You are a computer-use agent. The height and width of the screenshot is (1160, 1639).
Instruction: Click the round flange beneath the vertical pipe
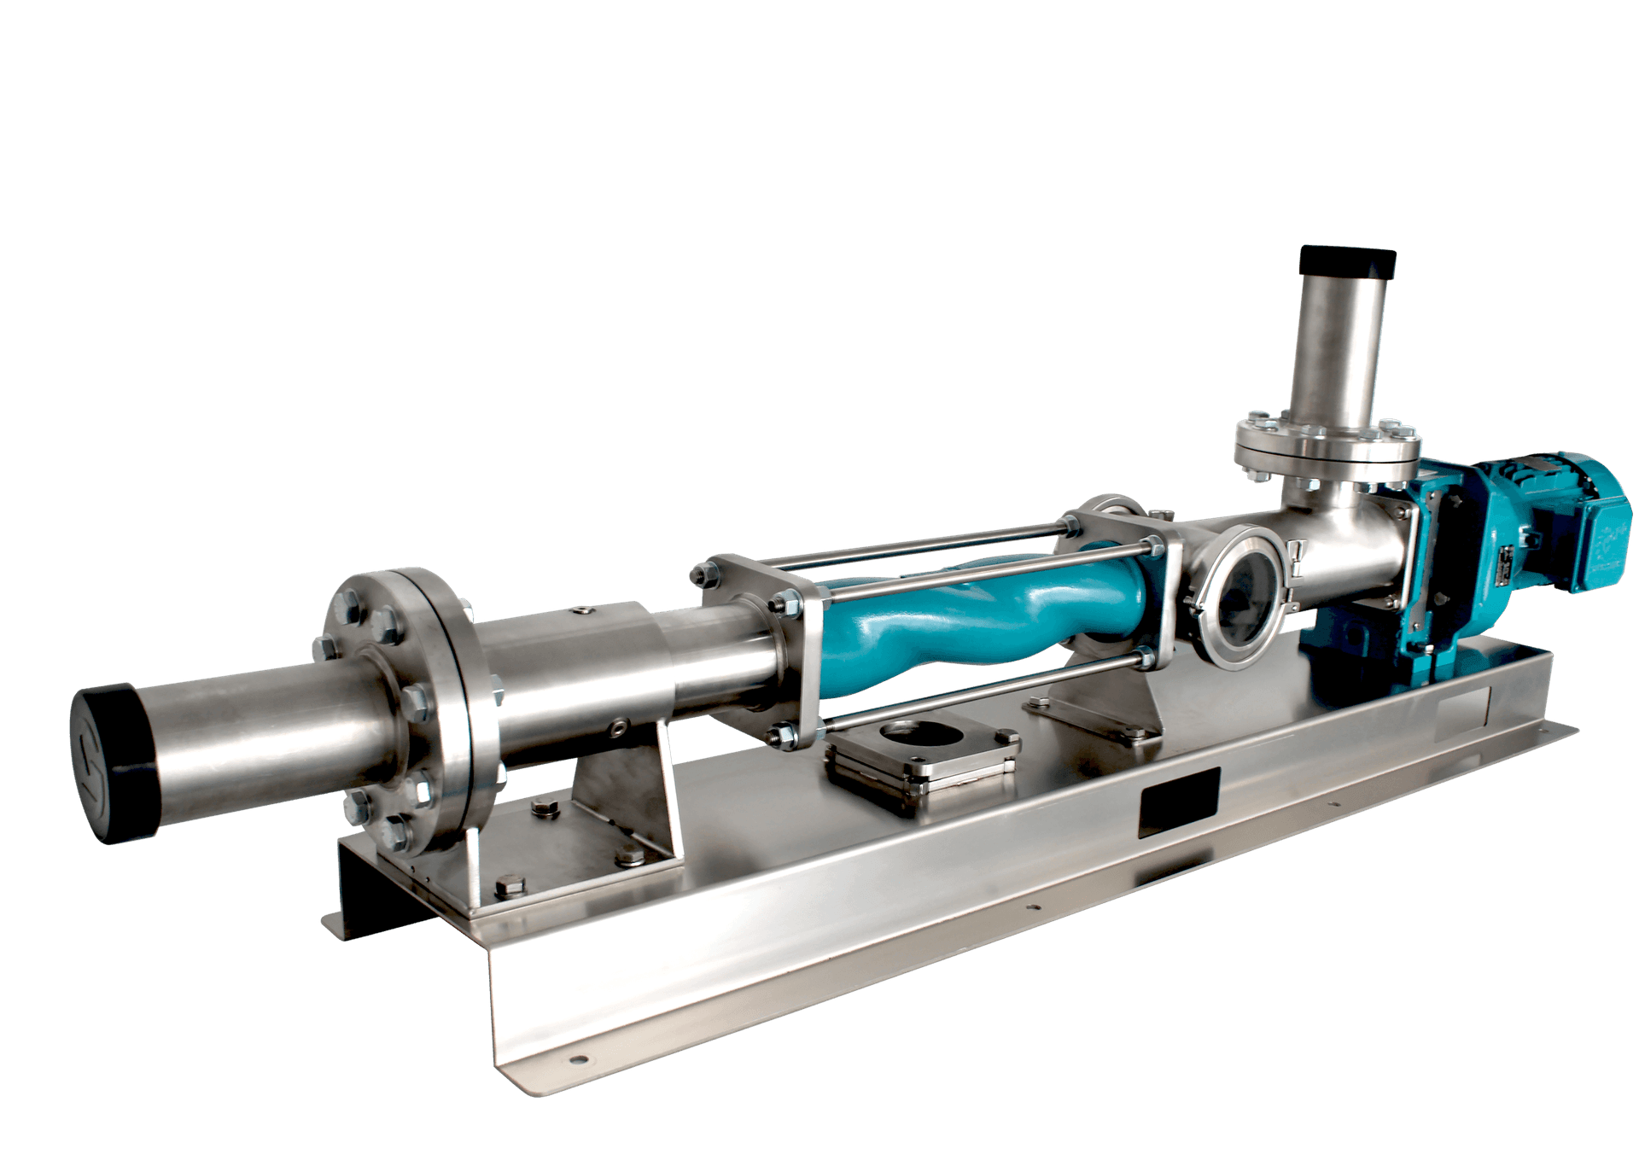(1328, 447)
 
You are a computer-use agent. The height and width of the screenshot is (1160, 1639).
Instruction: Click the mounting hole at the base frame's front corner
(580, 1061)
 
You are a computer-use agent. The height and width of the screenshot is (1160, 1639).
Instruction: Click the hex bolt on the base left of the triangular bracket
(544, 807)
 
